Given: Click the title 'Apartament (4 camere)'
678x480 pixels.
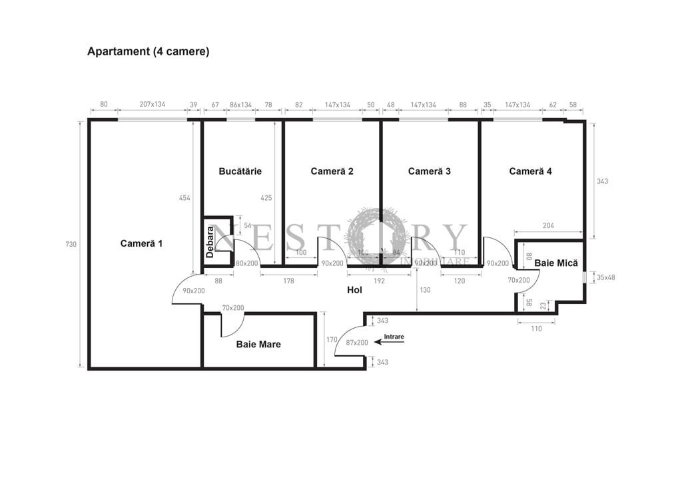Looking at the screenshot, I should [148, 51].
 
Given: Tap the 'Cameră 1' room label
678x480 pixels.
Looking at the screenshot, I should [141, 243].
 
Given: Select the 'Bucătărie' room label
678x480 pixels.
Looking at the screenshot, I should [240, 171].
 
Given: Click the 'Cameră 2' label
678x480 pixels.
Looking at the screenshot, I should [332, 171].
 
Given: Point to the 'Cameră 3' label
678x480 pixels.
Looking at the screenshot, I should [429, 171].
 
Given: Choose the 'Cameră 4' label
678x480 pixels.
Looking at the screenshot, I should [530, 171].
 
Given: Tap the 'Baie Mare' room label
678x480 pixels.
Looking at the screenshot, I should [258, 345].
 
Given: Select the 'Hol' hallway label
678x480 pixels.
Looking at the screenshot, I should [354, 290].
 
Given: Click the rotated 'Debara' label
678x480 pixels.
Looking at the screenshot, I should [210, 242].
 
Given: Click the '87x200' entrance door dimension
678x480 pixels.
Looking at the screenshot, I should [357, 343].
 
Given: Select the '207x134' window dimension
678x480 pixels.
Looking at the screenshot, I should [153, 105].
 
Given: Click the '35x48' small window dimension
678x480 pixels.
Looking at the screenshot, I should [605, 277].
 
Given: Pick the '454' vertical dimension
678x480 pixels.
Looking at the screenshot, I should [184, 197].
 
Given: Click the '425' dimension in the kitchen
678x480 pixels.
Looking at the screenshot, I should [266, 197].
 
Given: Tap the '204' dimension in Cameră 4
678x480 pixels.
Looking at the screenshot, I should [548, 226].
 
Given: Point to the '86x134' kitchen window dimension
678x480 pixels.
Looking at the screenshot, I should [240, 105].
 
